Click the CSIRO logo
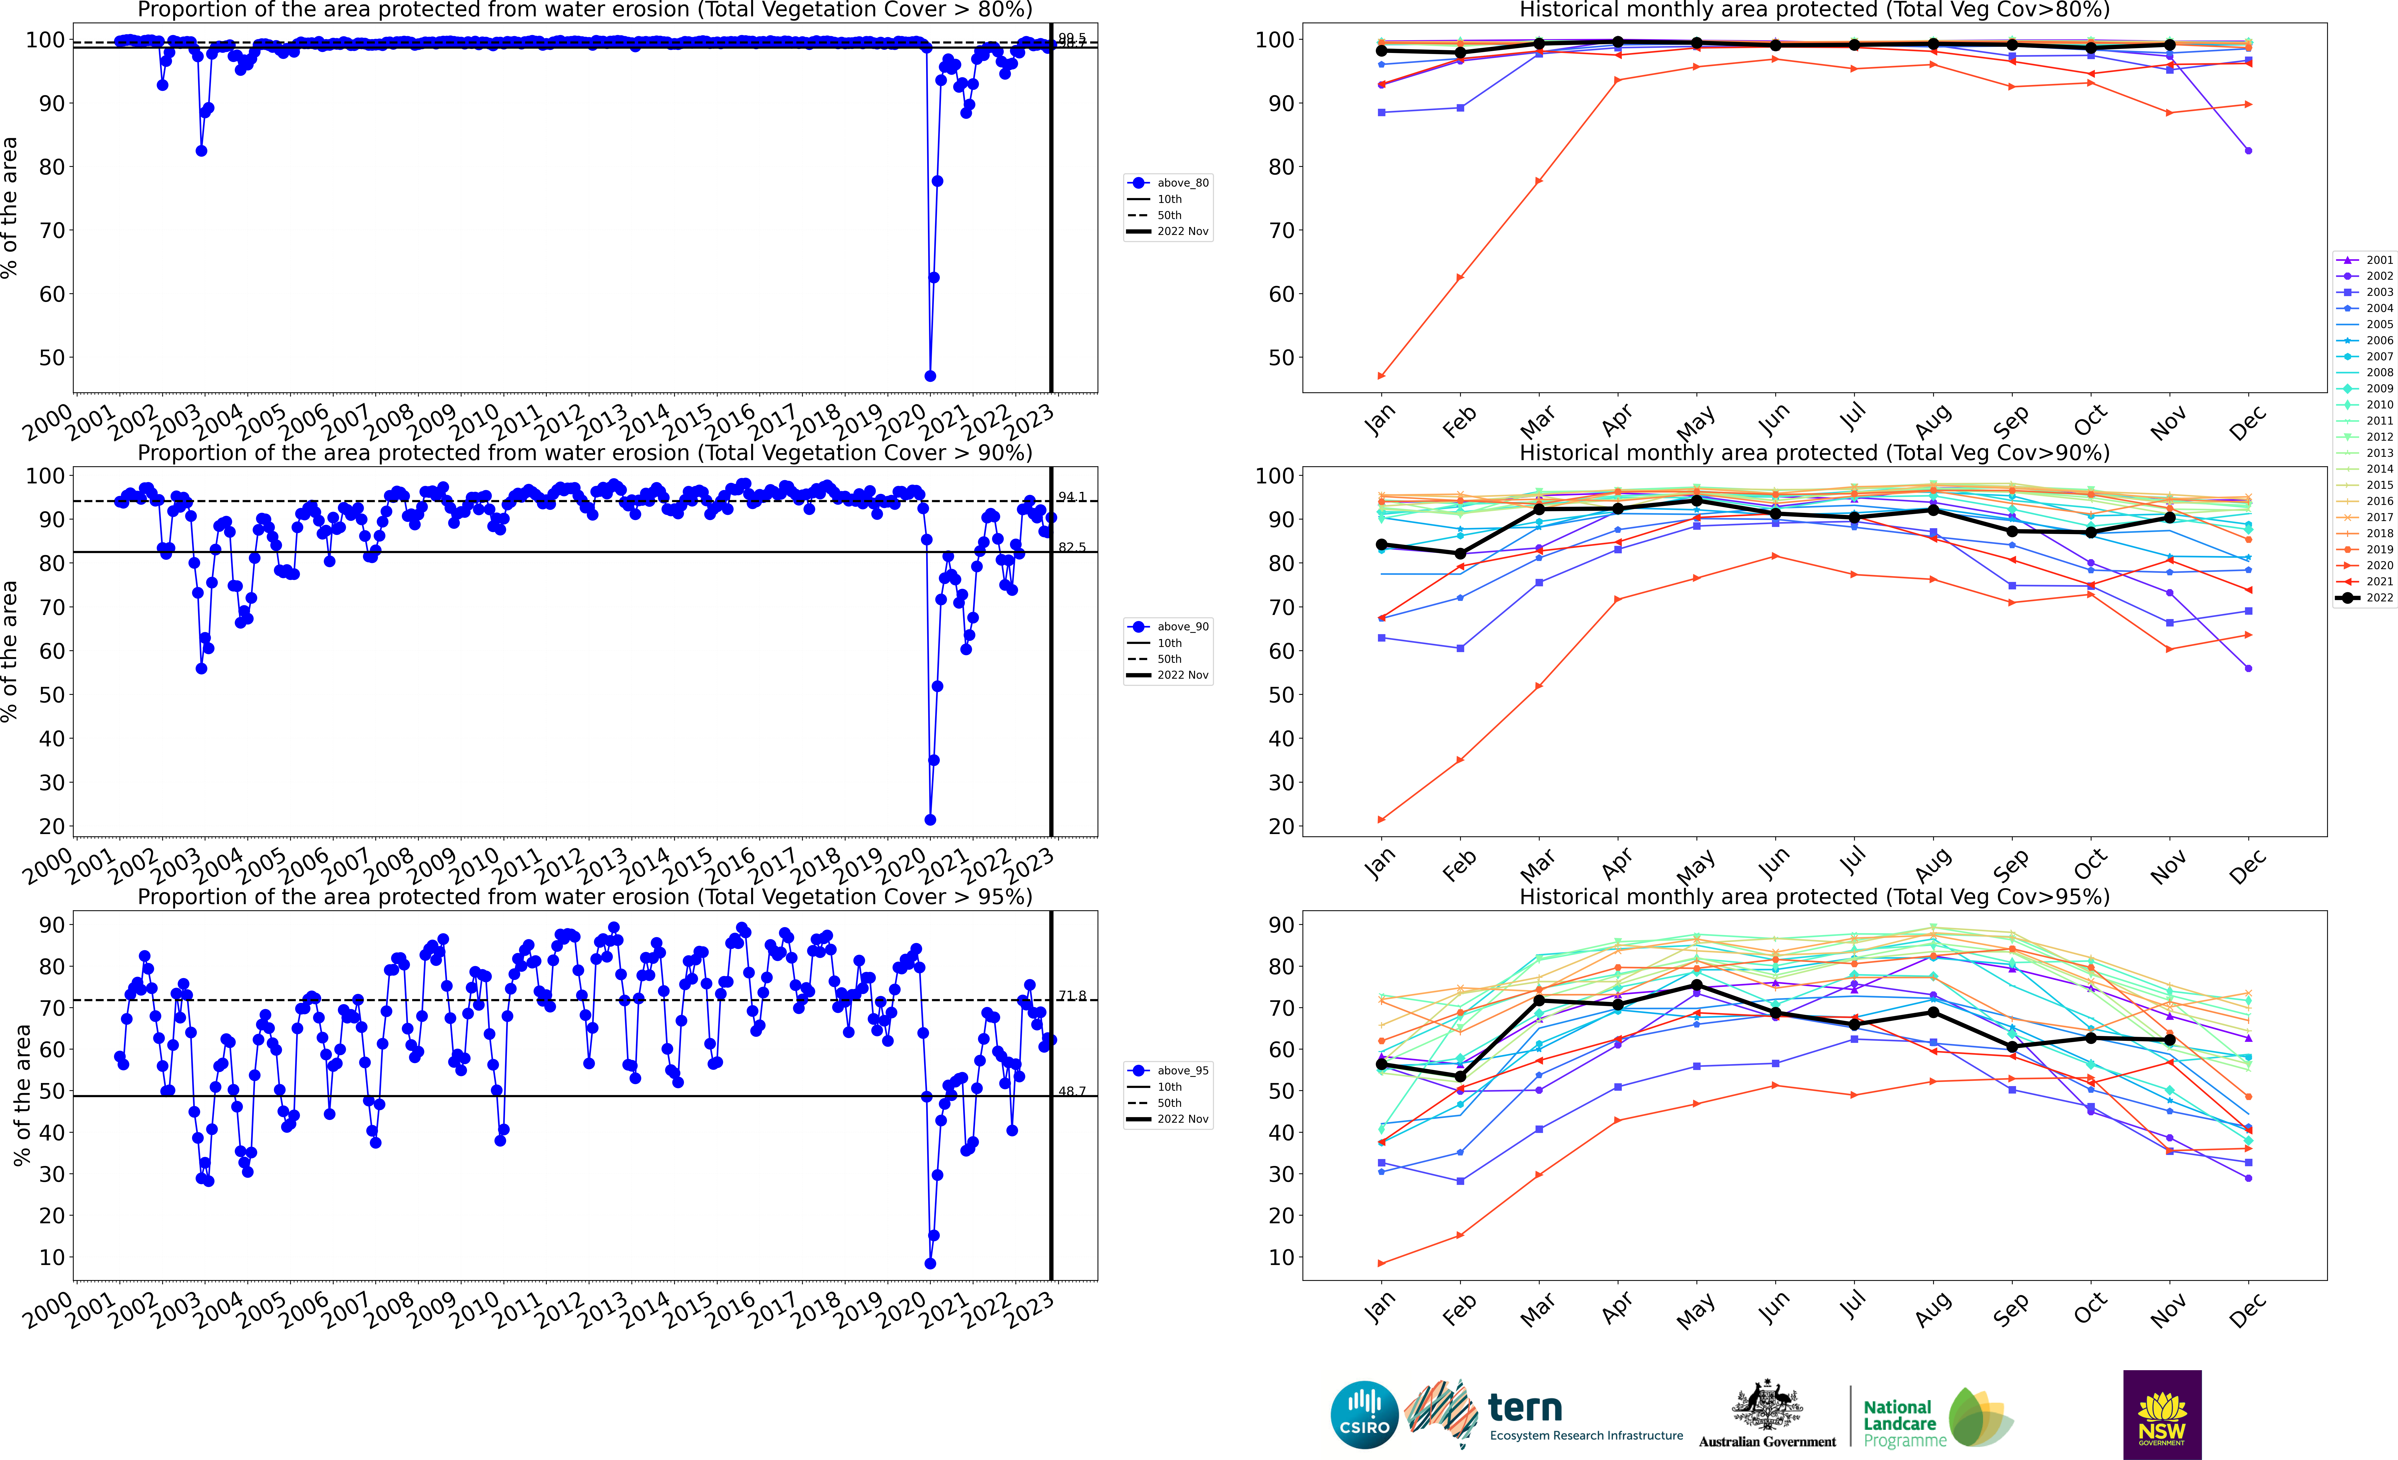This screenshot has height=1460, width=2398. coord(1363,1414)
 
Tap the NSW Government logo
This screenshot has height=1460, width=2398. coord(2162,1414)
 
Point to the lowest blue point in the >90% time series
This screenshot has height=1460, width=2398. coord(929,819)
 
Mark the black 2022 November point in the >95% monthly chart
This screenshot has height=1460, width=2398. coord(2169,1040)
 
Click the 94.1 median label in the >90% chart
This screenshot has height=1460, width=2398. coord(1071,496)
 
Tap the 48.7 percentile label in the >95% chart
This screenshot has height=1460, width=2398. coord(1071,1091)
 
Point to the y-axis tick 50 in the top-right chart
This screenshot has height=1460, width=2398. coord(1281,357)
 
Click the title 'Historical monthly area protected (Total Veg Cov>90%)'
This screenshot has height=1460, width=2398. coord(1814,453)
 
